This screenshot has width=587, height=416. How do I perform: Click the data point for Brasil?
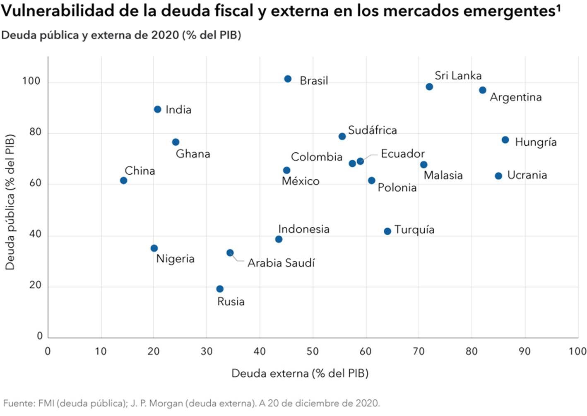click(288, 79)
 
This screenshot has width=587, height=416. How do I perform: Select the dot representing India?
click(157, 109)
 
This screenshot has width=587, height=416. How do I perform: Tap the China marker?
click(123, 180)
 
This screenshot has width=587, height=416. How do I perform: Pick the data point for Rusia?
click(220, 289)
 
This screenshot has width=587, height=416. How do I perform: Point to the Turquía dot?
click(387, 231)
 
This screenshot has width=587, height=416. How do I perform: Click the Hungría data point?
click(505, 140)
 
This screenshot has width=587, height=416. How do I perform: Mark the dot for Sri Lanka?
click(429, 87)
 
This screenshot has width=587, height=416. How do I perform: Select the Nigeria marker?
click(154, 248)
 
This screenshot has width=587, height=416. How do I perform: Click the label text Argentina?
click(515, 97)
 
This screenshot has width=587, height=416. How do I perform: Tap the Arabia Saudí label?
click(281, 263)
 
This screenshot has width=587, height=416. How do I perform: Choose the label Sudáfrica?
click(372, 130)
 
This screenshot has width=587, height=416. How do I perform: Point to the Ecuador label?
click(402, 154)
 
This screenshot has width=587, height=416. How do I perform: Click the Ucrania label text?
click(527, 175)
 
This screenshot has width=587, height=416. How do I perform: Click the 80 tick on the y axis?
click(36, 132)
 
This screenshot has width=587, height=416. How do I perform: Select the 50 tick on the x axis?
click(313, 351)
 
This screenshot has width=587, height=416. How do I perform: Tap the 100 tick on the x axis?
click(577, 351)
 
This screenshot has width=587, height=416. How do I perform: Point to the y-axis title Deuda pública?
click(10, 202)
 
